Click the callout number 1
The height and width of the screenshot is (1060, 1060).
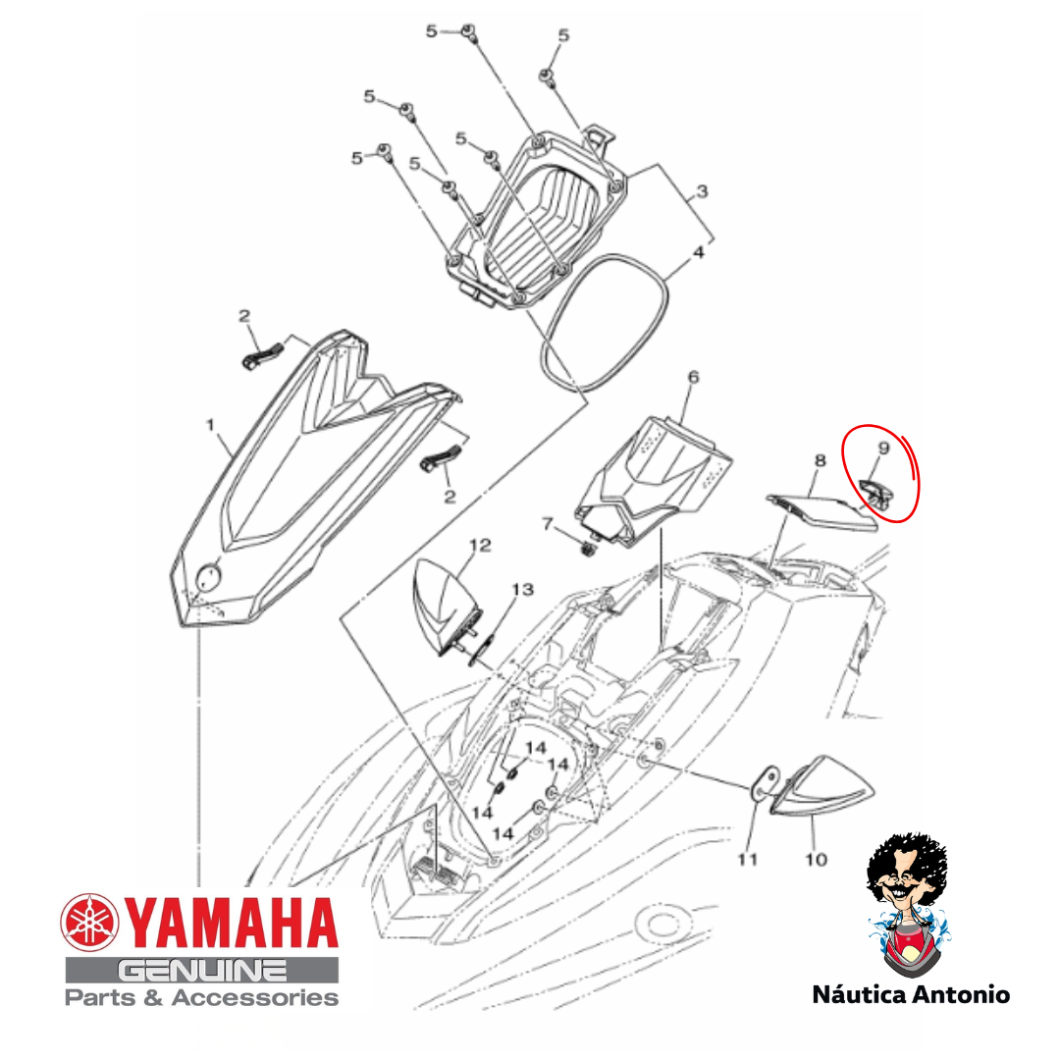point(210,425)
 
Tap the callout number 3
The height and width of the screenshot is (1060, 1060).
point(702,191)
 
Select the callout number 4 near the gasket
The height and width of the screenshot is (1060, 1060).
point(699,252)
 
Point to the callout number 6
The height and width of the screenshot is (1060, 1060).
point(693,377)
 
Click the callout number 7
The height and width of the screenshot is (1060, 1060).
point(548,524)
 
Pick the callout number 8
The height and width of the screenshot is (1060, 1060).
point(820,461)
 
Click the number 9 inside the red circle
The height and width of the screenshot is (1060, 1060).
point(883,449)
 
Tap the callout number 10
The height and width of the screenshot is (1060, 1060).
point(816,859)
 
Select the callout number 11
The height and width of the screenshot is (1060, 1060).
point(747,859)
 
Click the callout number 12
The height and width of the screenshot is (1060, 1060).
point(480,545)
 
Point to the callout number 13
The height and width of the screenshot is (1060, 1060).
point(522,590)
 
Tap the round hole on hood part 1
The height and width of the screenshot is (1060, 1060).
point(208,577)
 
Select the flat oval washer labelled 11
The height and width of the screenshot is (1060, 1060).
point(765,783)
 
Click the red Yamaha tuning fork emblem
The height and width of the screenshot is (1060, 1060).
point(90,922)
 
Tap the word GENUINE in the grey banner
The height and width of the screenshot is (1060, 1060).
point(201,972)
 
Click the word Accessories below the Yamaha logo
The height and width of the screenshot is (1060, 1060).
point(255,998)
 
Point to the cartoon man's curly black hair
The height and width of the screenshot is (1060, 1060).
point(906,857)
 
